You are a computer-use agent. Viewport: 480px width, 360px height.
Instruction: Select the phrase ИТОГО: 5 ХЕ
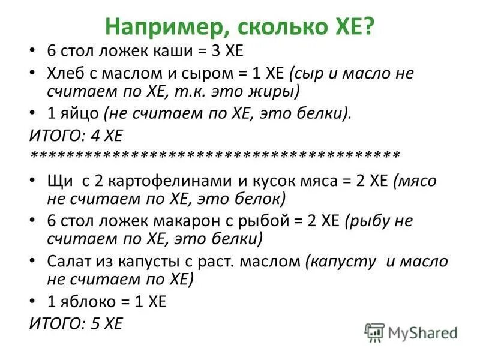(x=76, y=324)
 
